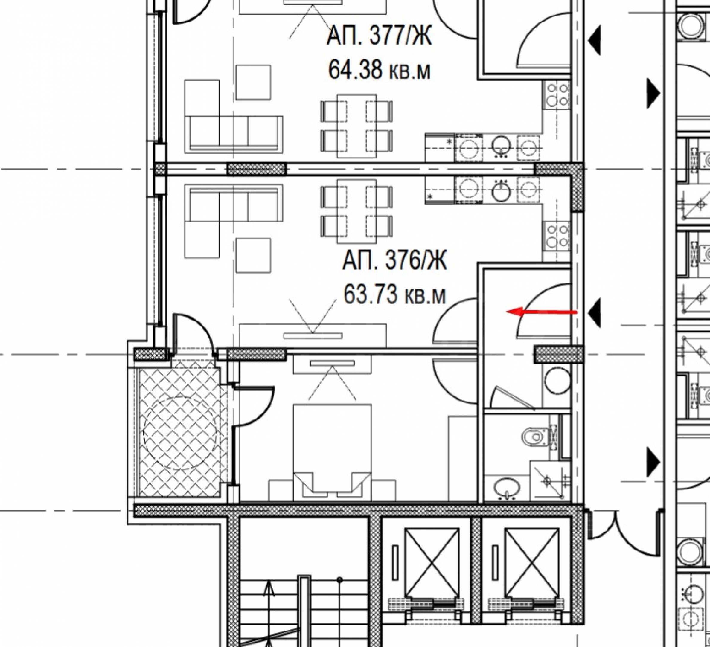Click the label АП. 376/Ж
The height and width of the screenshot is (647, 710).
pos(394,261)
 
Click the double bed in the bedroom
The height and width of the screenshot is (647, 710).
pos(332,452)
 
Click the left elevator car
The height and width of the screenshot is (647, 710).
pos(432,556)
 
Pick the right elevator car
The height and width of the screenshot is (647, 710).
pos(532,556)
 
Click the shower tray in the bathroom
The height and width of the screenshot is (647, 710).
pos(549,481)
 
